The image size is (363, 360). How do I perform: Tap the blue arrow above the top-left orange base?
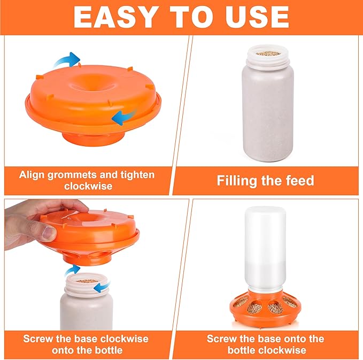coord(67,59)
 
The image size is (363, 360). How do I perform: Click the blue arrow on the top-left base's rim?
coord(124,117)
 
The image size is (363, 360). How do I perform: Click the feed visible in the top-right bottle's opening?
coord(268,53)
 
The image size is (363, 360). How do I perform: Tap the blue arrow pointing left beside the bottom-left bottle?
coord(102,287)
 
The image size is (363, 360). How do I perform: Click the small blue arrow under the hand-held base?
coord(73,270)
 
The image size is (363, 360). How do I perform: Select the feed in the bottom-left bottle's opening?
coord(87,281)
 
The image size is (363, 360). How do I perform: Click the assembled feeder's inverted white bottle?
coord(265,249)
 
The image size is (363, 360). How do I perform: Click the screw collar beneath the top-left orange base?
coord(93,139)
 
